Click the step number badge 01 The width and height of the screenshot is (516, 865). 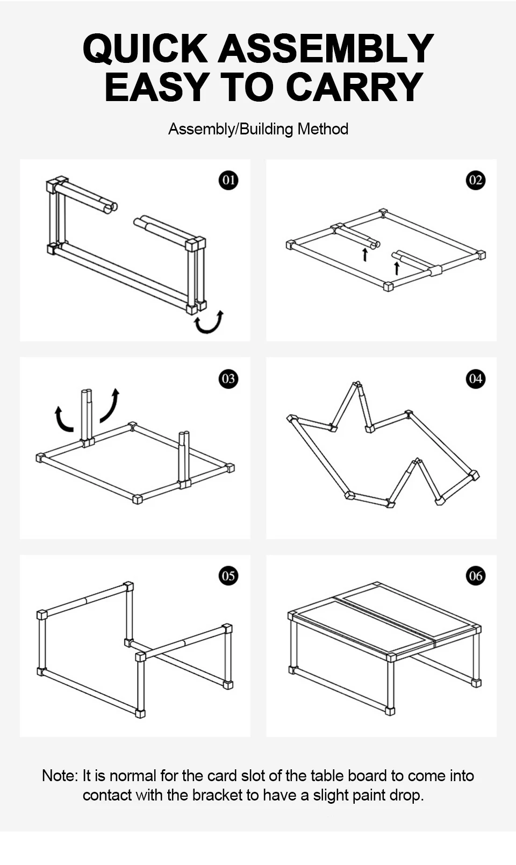(228, 180)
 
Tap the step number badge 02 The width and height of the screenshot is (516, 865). (475, 180)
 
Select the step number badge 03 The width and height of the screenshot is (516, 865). (228, 378)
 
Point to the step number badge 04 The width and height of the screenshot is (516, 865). (475, 378)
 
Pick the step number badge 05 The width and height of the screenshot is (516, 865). (228, 576)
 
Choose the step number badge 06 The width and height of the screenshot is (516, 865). (475, 576)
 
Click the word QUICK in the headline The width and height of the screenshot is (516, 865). (145, 49)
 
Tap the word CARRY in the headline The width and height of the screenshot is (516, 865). (354, 87)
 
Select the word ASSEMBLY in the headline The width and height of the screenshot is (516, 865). (326, 49)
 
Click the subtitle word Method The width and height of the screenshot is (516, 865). (322, 129)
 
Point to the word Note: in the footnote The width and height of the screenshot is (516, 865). (60, 776)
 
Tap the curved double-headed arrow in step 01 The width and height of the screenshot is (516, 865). (209, 322)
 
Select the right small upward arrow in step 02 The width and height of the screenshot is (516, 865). (397, 268)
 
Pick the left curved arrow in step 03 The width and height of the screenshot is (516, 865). (63, 419)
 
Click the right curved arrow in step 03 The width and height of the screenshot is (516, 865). (109, 406)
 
